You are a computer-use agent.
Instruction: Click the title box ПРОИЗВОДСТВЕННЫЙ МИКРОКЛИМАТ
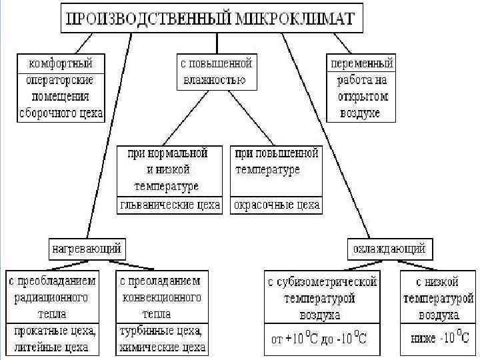click(213, 19)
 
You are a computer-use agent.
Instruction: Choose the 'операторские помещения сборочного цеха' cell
click(61, 96)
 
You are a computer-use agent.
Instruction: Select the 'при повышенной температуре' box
click(277, 162)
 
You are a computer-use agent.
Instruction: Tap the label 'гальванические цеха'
click(169, 205)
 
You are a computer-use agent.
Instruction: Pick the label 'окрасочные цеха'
click(276, 205)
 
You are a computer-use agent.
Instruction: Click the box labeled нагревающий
click(87, 249)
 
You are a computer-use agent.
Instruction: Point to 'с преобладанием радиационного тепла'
click(52, 296)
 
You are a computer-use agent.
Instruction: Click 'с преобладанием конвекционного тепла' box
click(161, 296)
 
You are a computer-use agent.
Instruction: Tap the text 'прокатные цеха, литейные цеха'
click(52, 339)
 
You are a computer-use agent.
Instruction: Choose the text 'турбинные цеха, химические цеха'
click(161, 339)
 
